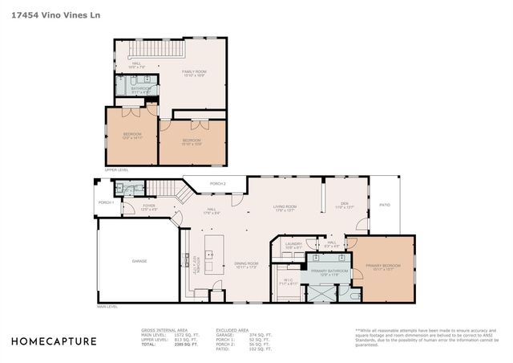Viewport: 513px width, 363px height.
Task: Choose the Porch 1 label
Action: click(x=106, y=202)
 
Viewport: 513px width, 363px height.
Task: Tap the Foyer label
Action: click(x=149, y=206)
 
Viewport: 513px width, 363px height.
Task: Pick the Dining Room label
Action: click(x=246, y=264)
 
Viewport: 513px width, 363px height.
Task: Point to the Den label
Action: click(x=343, y=205)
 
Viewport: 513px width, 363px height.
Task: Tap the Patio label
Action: click(x=384, y=204)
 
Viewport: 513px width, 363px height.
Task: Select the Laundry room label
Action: click(x=294, y=245)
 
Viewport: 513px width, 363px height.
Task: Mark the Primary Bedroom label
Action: click(x=382, y=266)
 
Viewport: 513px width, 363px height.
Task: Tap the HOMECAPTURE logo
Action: click(x=54, y=341)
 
